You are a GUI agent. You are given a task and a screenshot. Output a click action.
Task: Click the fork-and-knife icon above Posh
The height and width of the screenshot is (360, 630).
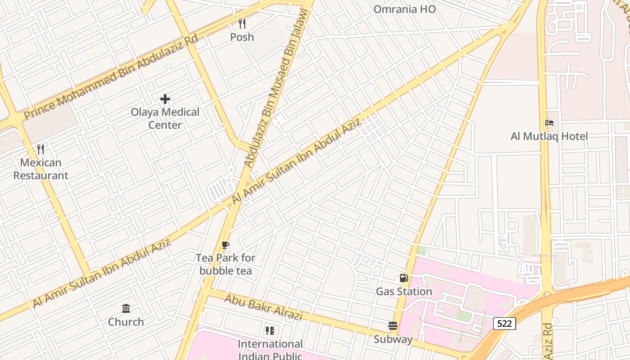tap(242, 23)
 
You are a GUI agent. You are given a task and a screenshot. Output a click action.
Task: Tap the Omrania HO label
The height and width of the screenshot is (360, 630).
tap(405, 9)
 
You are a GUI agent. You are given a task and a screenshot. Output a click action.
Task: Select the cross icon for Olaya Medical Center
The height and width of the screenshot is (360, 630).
tap(165, 99)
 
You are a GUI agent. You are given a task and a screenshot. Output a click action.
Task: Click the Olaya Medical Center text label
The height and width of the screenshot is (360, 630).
tap(165, 118)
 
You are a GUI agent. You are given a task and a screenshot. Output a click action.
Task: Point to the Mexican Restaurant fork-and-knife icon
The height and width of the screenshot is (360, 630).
tap(40, 149)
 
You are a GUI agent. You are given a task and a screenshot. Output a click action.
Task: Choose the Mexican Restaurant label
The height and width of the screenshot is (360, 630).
tap(40, 169)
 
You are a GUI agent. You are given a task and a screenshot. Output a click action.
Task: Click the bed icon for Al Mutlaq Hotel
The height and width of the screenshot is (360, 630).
tap(549, 123)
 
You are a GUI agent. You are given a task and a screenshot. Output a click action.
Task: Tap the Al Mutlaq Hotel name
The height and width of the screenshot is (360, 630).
tap(549, 136)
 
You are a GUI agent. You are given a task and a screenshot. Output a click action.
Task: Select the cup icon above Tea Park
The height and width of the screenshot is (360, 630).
tap(225, 245)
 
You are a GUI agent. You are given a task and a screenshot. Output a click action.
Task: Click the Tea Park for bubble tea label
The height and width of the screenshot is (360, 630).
tap(225, 264)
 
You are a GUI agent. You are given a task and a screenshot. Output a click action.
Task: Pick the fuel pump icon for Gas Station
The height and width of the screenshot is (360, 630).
tap(404, 279)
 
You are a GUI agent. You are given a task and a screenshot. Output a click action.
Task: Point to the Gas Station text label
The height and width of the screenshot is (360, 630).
tap(404, 292)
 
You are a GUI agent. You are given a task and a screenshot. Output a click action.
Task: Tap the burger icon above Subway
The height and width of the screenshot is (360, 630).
tap(393, 326)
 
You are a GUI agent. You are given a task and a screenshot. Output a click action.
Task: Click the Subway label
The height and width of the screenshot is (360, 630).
tap(393, 339)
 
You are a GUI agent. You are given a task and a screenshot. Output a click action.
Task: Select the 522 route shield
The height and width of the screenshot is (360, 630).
tap(504, 323)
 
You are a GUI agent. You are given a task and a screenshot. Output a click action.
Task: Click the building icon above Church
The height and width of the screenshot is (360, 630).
tap(126, 309)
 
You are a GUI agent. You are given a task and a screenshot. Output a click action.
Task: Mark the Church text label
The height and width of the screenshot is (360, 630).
tap(126, 322)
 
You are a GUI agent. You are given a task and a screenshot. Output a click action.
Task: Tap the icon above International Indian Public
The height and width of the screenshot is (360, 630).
tap(270, 331)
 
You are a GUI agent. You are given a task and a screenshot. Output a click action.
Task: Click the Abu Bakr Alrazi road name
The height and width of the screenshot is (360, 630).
tap(263, 308)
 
